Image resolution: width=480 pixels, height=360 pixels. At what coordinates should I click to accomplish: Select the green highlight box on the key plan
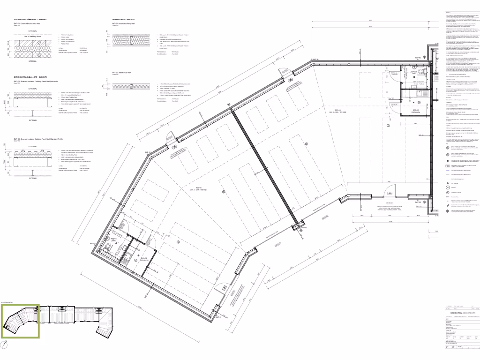click(x=21, y=321)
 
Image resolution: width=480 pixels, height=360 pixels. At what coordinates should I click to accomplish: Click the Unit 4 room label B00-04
click(x=333, y=123)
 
